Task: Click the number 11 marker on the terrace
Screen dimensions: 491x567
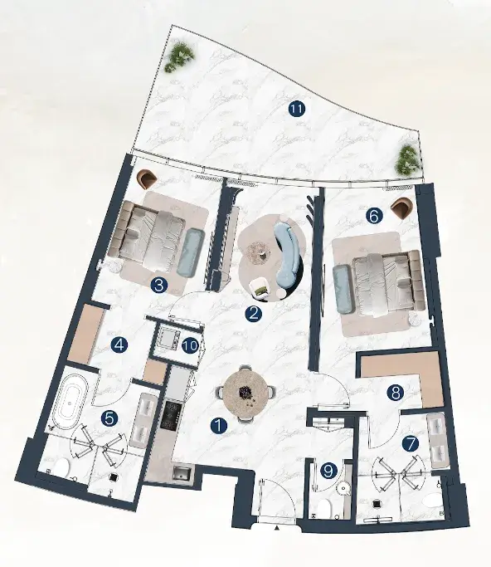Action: point(297,109)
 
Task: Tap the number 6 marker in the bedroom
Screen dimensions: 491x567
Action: point(373,216)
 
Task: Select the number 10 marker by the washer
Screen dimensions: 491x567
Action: point(190,345)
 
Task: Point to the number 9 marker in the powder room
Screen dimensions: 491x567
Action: point(328,471)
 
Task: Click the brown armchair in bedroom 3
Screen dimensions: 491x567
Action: point(148,178)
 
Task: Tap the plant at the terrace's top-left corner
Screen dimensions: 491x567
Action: point(180,56)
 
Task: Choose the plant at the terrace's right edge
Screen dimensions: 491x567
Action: point(410,161)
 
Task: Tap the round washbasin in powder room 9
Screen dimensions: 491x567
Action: point(342,488)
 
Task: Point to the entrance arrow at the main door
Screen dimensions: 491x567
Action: point(276,528)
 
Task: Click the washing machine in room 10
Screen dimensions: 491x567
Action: point(168,339)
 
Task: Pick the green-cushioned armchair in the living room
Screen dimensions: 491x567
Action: point(260,289)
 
